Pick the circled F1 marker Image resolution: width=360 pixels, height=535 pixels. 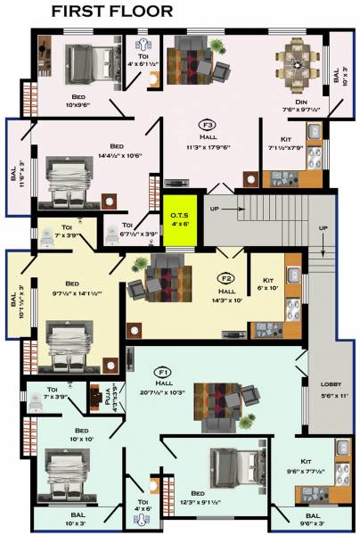coord(163,370)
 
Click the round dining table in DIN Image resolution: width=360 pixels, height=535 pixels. coord(293,62)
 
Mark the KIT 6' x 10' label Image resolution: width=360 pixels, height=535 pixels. coord(266,285)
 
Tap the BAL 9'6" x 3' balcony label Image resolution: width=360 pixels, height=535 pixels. coord(312,519)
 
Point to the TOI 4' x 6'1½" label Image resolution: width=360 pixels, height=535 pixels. coord(143,58)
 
